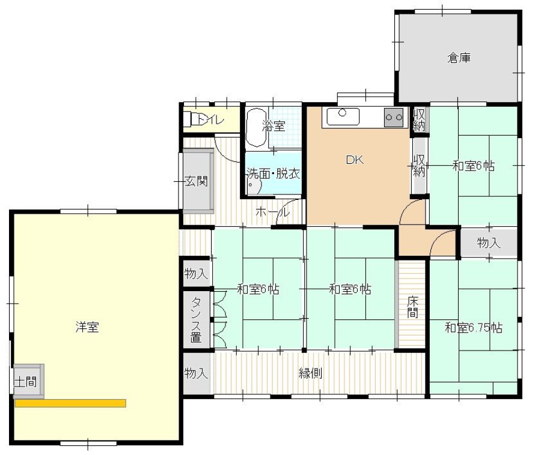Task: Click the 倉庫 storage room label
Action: pos(459,58)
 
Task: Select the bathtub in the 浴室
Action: pos(256,128)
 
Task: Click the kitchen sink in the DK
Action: pos(343,117)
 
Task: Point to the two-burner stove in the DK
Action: pos(394,118)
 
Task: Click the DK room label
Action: pos(355,160)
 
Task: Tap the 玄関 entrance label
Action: pos(197,181)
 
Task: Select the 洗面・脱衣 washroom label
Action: pos(273,173)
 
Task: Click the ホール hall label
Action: pos(272,212)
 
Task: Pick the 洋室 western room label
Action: pos(87,327)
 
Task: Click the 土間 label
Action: pos(25,382)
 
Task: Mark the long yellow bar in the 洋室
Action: pos(70,403)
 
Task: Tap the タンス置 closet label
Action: pos(196,319)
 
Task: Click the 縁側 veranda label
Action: pos(311,373)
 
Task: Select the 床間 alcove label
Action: pos(412,307)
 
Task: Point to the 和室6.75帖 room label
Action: pos(474,328)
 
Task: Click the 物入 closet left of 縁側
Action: pos(197,373)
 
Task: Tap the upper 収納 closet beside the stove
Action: pos(419,119)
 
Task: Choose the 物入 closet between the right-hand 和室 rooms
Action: pos(489,243)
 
